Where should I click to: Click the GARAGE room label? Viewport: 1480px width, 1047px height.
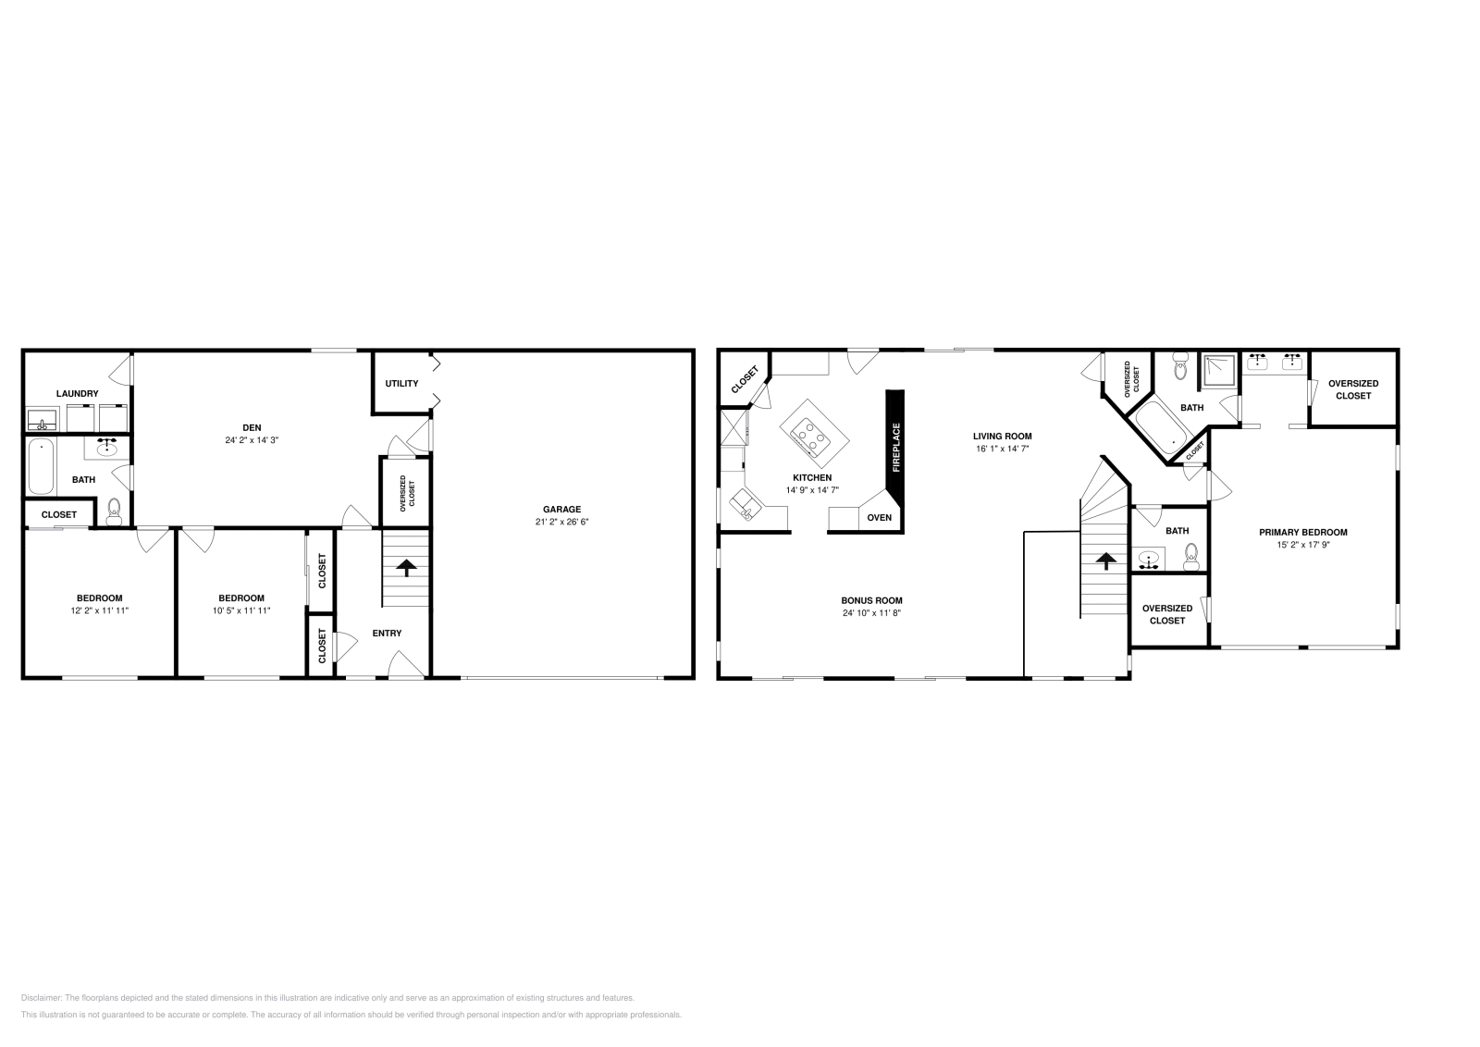[x=561, y=509]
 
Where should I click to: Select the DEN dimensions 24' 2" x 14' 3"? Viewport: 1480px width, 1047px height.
[x=252, y=440]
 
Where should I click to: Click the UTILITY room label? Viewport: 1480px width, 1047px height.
[x=401, y=383]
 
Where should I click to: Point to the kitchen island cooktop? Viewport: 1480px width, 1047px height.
[x=810, y=437]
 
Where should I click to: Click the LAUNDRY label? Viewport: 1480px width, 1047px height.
[x=77, y=394]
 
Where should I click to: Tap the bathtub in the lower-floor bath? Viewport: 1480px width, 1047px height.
[x=41, y=467]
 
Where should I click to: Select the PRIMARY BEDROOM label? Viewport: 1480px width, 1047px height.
[x=1302, y=532]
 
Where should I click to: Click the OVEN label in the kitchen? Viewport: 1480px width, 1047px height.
[x=880, y=517]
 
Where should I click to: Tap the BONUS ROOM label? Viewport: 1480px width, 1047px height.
[x=871, y=600]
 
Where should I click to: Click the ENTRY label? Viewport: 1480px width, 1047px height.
[x=387, y=634]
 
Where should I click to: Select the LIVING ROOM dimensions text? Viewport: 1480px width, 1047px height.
[x=1002, y=449]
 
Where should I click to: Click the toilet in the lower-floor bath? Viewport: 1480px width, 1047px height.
[x=114, y=508]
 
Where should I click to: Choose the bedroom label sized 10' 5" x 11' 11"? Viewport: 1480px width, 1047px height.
[x=241, y=597]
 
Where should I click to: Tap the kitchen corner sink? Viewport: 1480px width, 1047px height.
[x=745, y=505]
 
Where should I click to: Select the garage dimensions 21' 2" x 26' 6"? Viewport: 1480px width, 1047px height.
[x=561, y=522]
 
